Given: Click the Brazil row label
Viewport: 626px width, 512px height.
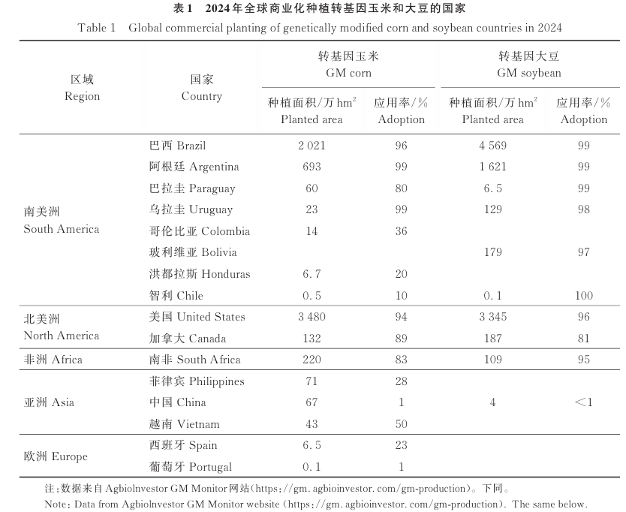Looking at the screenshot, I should [177, 146].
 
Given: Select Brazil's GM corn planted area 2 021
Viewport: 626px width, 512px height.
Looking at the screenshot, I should [311, 146].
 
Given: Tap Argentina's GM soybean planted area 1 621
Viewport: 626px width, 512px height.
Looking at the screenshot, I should [492, 167].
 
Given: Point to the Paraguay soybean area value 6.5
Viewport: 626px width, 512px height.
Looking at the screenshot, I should [492, 188].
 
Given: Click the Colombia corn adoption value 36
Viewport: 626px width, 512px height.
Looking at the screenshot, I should [401, 231].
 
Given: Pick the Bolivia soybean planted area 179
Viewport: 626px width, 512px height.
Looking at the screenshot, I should [492, 252].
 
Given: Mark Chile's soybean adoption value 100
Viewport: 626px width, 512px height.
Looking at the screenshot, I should [583, 296].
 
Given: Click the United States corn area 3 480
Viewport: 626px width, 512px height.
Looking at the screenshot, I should [311, 317].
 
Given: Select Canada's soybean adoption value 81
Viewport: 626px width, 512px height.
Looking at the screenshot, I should [583, 339].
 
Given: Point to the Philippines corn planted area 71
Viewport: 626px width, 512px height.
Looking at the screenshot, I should [311, 381].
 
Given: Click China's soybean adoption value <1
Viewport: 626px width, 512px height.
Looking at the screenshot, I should [583, 402].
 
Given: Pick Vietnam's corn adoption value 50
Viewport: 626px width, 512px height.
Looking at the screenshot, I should [401, 424].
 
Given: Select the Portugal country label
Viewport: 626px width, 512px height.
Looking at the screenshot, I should [191, 467].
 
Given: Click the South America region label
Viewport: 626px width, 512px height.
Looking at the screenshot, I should [61, 221].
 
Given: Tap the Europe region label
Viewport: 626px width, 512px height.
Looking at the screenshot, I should [56, 456].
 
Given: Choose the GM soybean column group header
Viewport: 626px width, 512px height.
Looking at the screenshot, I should [529, 65].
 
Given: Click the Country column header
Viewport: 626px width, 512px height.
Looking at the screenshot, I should [202, 88].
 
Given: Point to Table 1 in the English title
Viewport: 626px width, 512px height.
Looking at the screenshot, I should [97, 28].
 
